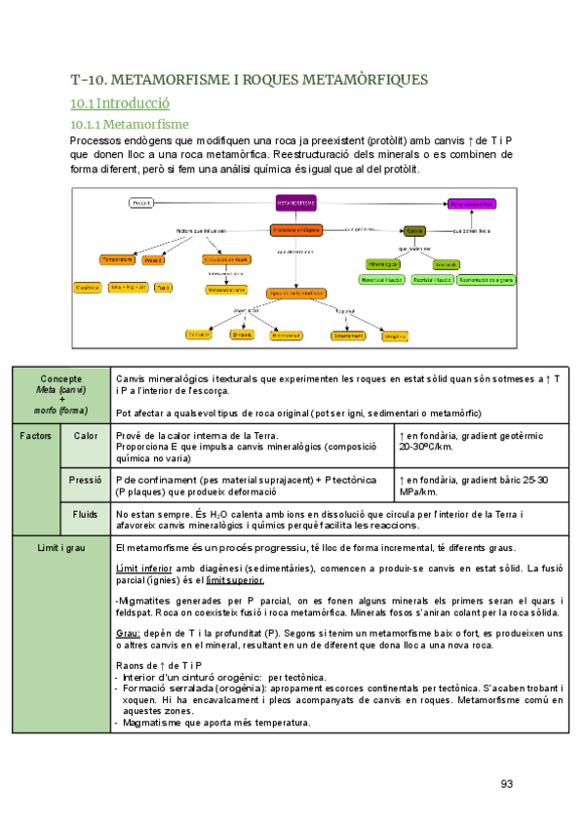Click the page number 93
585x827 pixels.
[506, 783]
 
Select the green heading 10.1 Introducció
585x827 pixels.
[121, 102]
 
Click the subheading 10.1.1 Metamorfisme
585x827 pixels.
[130, 125]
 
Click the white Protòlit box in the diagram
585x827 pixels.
[142, 203]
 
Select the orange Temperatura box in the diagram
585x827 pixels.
[117, 260]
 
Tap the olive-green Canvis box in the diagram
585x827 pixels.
[414, 231]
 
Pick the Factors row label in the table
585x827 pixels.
[36, 435]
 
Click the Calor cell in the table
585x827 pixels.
[86, 435]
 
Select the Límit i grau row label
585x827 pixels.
[60, 549]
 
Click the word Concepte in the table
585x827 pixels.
[60, 378]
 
